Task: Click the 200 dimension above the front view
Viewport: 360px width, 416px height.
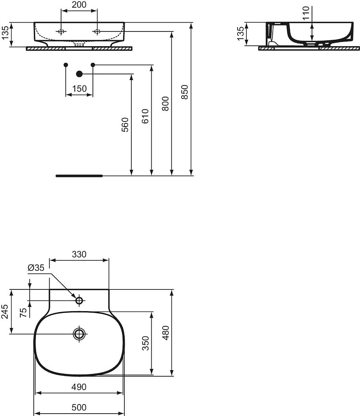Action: [79, 5]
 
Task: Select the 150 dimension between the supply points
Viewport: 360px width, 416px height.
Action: [79, 89]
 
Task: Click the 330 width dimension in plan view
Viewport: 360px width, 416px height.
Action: [79, 254]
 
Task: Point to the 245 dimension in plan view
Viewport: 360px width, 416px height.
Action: [5, 312]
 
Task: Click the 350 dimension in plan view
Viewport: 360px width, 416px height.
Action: [145, 343]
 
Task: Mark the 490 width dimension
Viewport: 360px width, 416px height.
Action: [79, 387]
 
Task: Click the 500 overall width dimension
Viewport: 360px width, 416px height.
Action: [79, 407]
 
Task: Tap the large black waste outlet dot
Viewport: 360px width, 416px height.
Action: [79, 73]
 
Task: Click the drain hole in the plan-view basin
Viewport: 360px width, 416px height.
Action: [79, 333]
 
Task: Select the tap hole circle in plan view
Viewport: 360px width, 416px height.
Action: [79, 301]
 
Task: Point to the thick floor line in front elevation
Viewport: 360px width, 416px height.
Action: [79, 176]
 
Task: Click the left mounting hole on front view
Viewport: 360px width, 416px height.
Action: [61, 31]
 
